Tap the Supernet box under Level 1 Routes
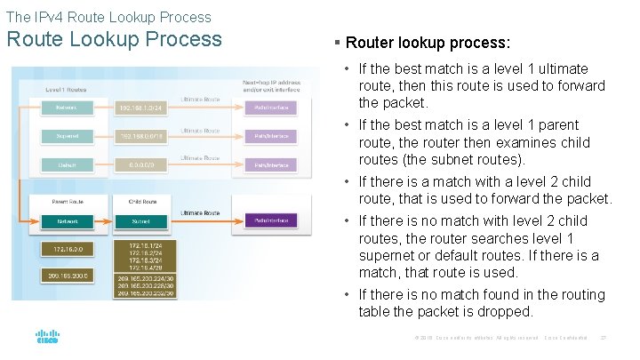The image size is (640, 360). (x=65, y=136)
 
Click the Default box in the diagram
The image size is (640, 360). (x=65, y=164)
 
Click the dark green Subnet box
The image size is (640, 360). (x=140, y=220)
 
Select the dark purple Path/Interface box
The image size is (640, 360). (x=271, y=220)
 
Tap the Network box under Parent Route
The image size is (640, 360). (x=65, y=220)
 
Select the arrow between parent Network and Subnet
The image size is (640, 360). (x=102, y=220)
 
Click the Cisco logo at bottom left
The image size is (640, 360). (x=47, y=337)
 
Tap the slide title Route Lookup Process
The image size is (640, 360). (x=115, y=39)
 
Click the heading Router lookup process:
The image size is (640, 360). (x=427, y=43)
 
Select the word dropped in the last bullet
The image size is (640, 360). (x=508, y=312)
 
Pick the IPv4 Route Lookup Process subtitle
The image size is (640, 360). (x=108, y=17)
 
